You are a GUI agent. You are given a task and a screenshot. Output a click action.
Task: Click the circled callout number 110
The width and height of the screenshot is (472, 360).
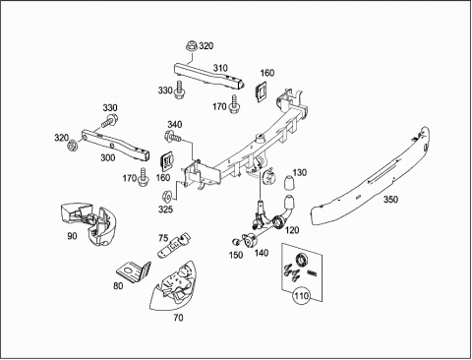[301, 296]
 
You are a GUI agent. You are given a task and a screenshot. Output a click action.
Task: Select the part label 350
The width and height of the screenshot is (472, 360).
[390, 200]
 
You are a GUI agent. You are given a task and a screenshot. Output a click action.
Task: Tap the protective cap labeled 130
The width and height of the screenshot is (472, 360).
[289, 183]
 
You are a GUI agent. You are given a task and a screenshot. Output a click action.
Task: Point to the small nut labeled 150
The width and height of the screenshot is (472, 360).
[235, 242]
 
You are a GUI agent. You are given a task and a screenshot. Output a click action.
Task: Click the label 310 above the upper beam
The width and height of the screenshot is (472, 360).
[220, 68]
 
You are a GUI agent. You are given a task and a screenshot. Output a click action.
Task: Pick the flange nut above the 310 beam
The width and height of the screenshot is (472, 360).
[192, 46]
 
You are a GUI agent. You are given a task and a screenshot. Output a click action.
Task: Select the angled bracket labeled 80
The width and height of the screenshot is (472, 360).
[134, 271]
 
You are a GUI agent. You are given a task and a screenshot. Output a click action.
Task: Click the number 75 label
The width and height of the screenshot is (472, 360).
[163, 238]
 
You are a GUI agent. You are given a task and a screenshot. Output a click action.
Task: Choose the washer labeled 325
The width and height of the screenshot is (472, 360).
[167, 196]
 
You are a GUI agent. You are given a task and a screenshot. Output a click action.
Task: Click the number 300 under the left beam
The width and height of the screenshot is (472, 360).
[107, 157]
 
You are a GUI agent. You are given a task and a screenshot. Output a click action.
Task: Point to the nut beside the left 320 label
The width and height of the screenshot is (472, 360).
[73, 145]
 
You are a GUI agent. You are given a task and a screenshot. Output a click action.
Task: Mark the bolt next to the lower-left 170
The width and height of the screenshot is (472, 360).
[144, 176]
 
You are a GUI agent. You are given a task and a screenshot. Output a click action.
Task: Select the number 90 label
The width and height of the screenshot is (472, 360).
[72, 236]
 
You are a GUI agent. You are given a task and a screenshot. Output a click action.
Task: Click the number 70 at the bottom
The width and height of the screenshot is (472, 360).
[178, 318]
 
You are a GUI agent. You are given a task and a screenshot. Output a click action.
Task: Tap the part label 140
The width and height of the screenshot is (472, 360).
[261, 253]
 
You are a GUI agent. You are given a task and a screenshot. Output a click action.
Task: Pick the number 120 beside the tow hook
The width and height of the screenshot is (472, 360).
[292, 230]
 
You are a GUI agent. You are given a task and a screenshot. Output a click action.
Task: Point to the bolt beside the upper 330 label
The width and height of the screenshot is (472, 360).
[180, 90]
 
